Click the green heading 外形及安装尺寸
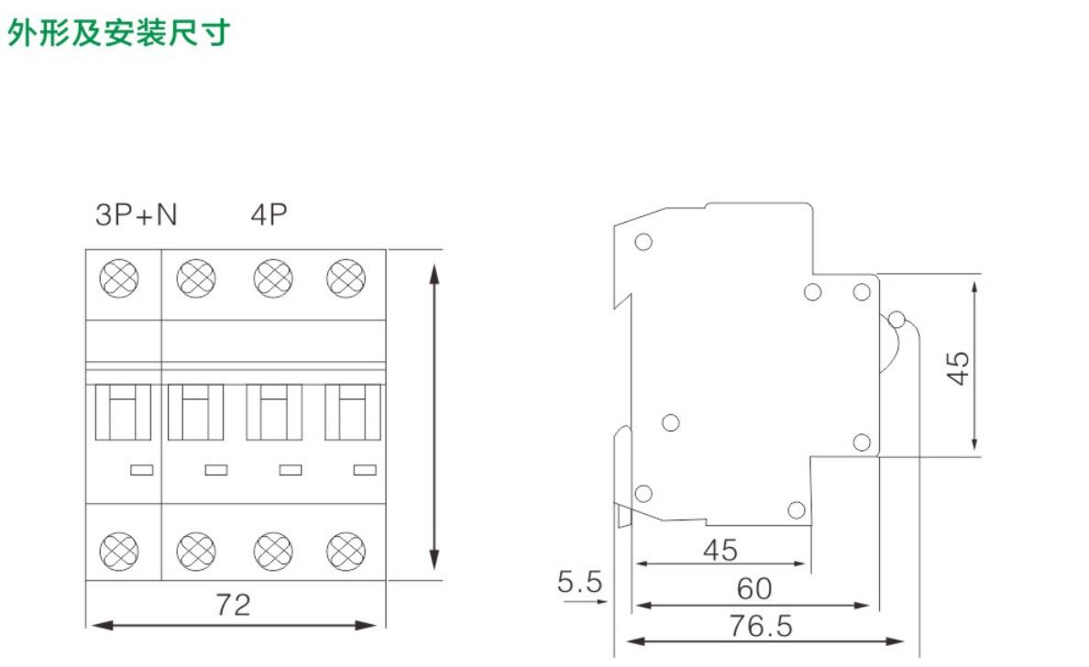point(119,34)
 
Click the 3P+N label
point(137,215)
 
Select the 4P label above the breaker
point(269,215)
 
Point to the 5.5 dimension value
point(579,581)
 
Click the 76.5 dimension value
point(760,627)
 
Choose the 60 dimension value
point(753,588)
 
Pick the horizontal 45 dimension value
point(720,550)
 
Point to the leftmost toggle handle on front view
point(124,413)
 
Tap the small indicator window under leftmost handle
point(141,470)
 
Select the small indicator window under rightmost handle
point(365,470)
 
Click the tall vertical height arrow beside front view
point(434,415)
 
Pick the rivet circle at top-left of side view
point(643,242)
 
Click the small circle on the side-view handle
point(896,320)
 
